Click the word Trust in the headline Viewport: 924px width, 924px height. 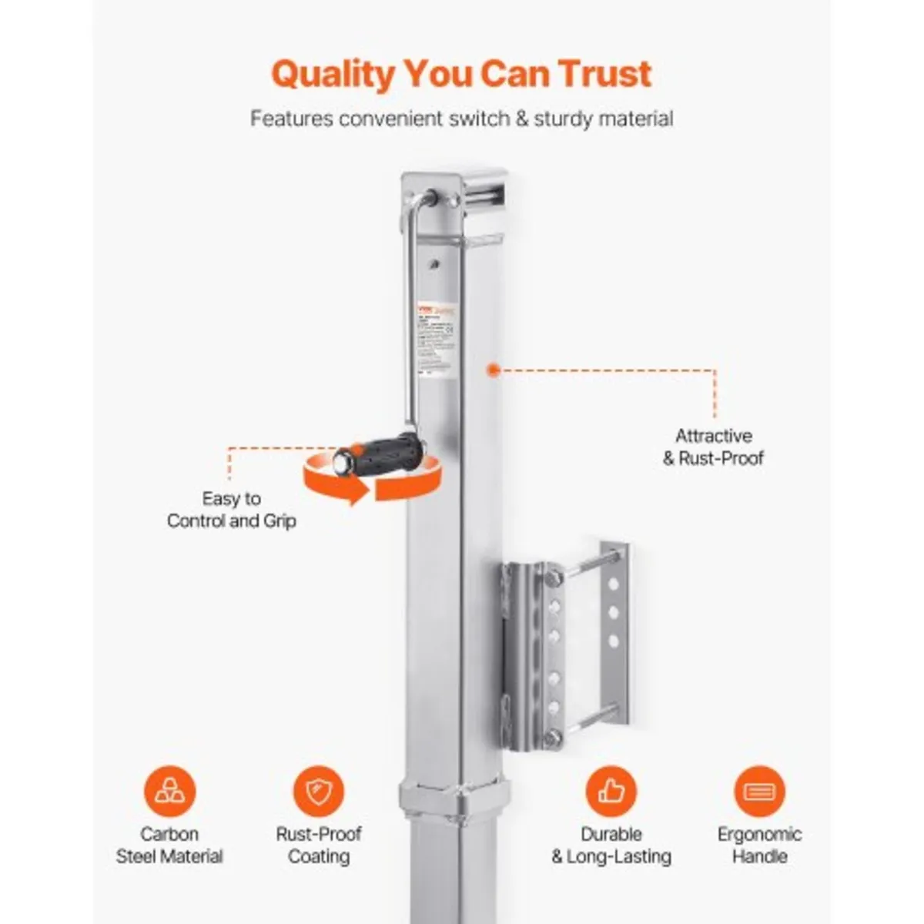[x=604, y=74]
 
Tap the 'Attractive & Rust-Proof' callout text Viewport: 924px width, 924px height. [x=713, y=447]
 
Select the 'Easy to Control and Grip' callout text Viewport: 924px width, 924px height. [x=231, y=510]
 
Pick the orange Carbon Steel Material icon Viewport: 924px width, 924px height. [x=169, y=791]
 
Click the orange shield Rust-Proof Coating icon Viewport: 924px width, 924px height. [x=318, y=791]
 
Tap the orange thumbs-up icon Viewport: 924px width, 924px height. [x=611, y=791]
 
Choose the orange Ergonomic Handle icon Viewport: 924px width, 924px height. [x=759, y=791]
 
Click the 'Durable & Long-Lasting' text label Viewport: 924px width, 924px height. [x=611, y=845]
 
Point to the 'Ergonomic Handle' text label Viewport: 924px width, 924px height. [x=759, y=845]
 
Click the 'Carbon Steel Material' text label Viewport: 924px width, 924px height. [x=169, y=845]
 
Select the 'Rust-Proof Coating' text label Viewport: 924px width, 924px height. [x=318, y=845]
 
